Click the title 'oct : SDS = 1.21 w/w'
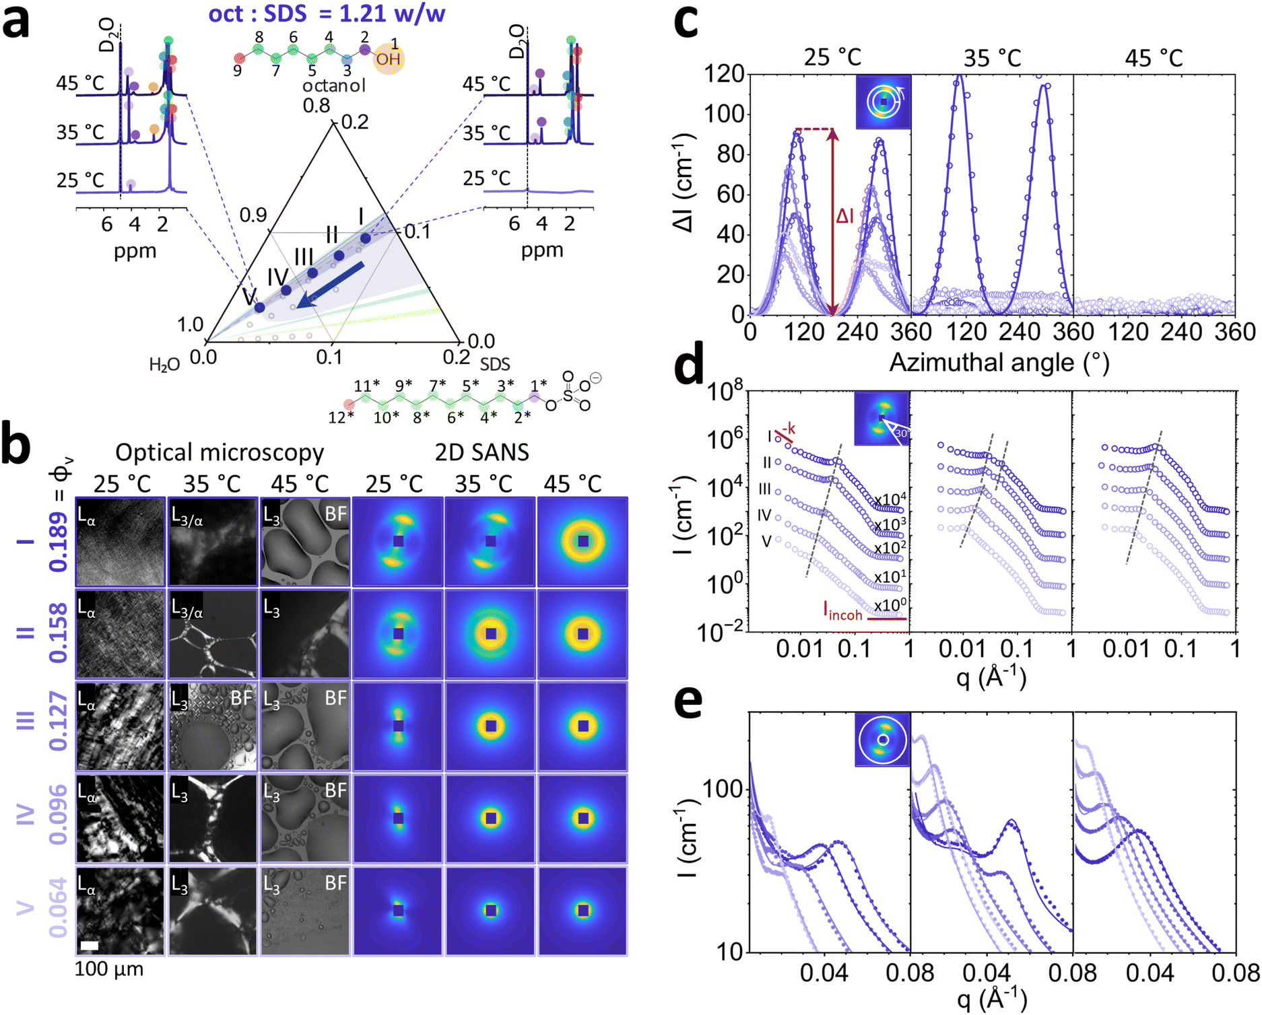(326, 13)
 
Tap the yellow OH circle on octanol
(389, 59)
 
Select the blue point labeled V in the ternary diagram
(259, 307)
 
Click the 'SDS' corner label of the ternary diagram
(495, 364)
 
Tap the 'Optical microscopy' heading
(220, 452)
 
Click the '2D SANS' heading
(481, 452)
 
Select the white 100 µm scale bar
(89, 945)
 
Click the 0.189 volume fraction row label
(59, 541)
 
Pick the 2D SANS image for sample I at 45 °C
(583, 541)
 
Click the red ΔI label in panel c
(845, 216)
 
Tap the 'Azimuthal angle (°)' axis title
(999, 363)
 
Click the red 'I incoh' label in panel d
(842, 611)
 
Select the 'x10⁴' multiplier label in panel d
(890, 499)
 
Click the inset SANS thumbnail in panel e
(882, 740)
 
